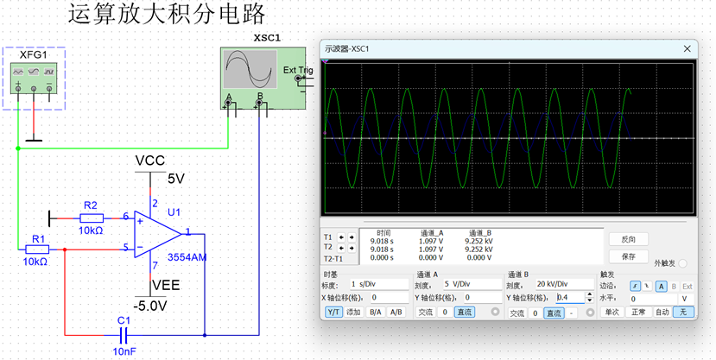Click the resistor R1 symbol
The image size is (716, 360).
point(35,249)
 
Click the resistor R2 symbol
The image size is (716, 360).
point(92,218)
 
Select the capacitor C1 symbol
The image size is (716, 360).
point(123,333)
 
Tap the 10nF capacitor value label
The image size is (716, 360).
point(123,350)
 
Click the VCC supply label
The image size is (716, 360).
point(149,161)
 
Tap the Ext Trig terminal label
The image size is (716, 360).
point(298,69)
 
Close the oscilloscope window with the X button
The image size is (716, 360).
point(687,48)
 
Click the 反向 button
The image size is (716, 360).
point(628,239)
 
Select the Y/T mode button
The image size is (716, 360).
point(333,312)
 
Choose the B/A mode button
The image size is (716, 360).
point(375,312)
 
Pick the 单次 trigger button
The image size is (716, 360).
point(611,312)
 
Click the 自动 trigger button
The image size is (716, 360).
point(662,312)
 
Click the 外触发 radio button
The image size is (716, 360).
point(683,263)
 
